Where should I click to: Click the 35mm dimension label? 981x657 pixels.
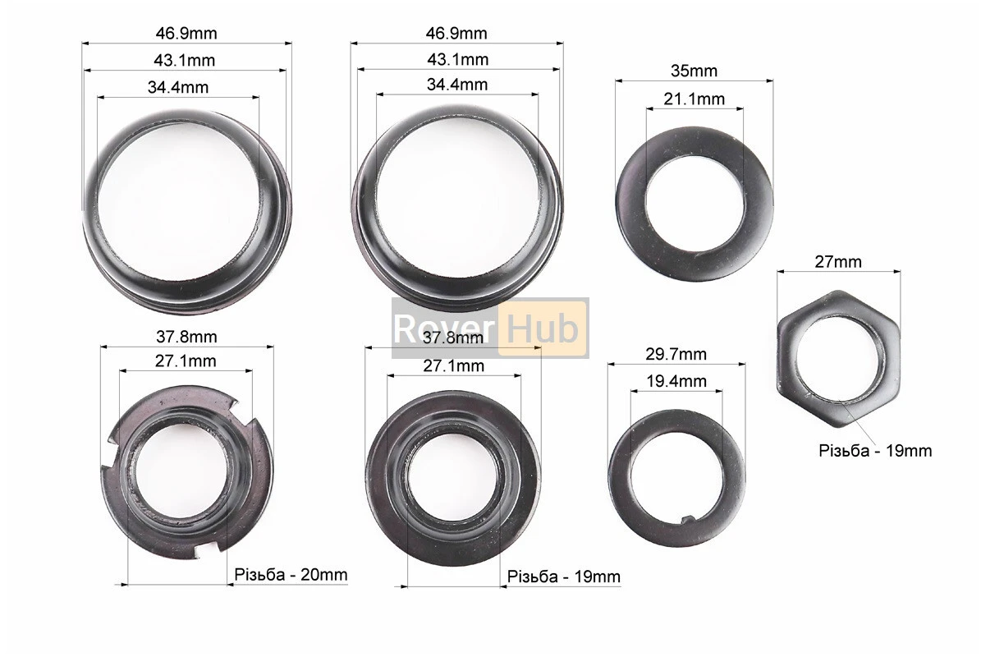click(x=694, y=71)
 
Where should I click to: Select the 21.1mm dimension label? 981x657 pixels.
click(x=694, y=99)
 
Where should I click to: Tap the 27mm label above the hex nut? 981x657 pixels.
click(x=837, y=261)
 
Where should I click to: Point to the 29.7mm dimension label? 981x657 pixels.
click(x=676, y=354)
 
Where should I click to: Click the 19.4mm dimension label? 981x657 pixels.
click(x=676, y=381)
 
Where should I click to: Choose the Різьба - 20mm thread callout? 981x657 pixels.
click(x=291, y=574)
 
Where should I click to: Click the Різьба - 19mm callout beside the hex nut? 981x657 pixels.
click(x=875, y=451)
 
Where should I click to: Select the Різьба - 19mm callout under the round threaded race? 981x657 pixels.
click(x=564, y=577)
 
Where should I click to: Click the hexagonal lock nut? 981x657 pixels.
click(x=839, y=359)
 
